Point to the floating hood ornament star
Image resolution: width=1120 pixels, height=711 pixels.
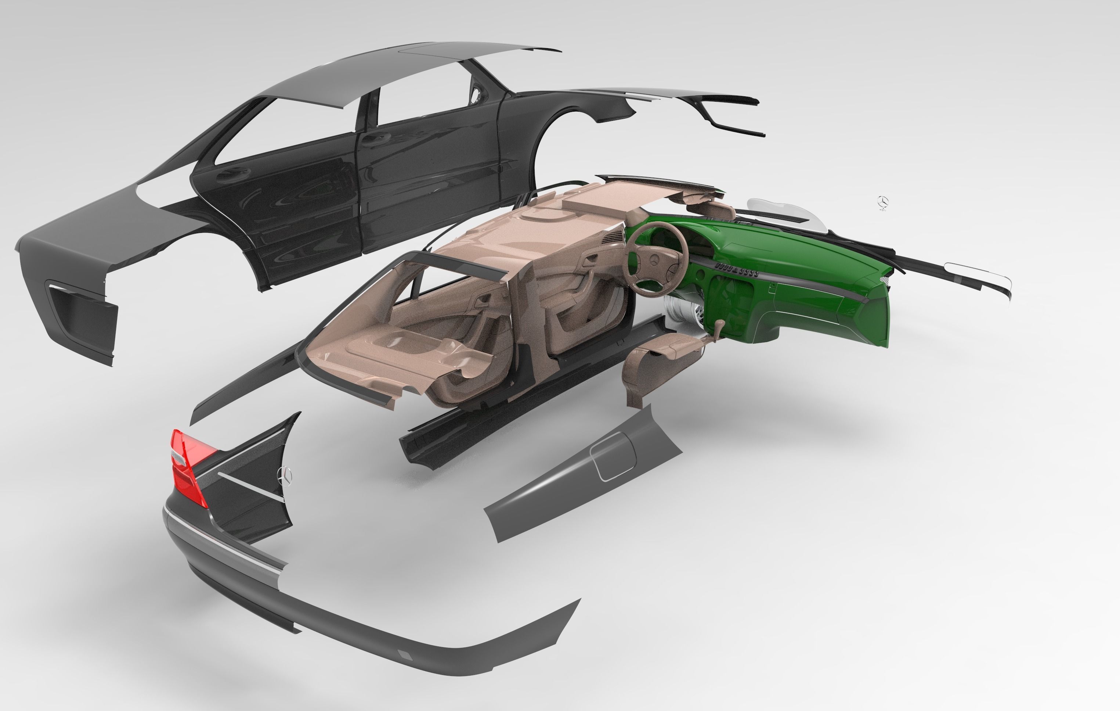pyautogui.click(x=882, y=202)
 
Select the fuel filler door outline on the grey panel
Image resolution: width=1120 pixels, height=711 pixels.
pyautogui.click(x=613, y=456)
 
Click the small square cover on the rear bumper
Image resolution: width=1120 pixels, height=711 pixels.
pyautogui.click(x=405, y=655)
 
